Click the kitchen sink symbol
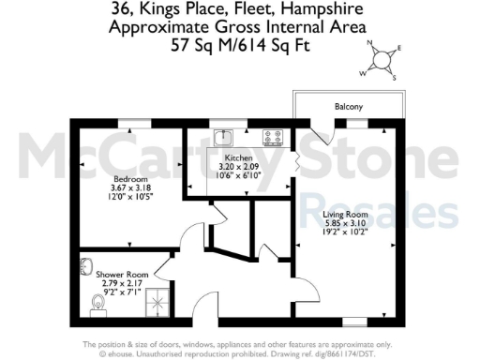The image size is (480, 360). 222,138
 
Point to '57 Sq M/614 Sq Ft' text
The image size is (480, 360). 239,44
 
